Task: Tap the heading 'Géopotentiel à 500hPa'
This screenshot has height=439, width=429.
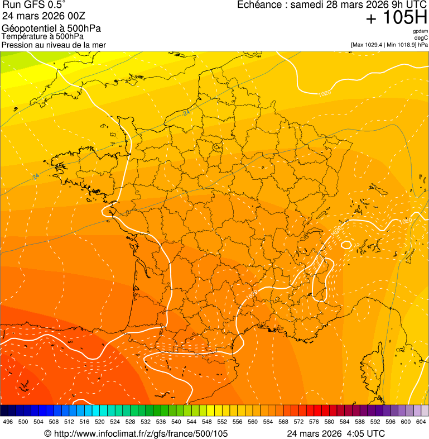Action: click(x=51, y=28)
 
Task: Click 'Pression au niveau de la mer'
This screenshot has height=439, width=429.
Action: click(x=54, y=45)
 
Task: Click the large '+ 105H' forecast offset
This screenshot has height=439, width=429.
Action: click(x=397, y=18)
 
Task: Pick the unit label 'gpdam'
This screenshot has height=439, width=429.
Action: click(x=421, y=31)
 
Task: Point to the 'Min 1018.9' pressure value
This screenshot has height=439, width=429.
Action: click(x=401, y=45)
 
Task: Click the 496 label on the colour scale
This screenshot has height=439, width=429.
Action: click(x=8, y=422)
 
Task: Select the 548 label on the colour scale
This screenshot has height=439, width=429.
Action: click(x=207, y=422)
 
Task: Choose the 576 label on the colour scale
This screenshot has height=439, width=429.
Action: click(x=314, y=422)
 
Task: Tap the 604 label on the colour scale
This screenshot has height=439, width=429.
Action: click(x=421, y=422)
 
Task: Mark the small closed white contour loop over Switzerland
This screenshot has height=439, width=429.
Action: click(x=346, y=245)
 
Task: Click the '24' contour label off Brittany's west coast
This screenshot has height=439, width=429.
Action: click(x=36, y=176)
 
